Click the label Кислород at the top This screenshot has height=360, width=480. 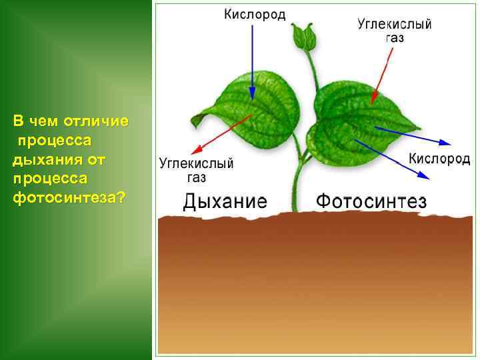pos(254,15)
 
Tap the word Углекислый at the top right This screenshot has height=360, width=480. pos(394,24)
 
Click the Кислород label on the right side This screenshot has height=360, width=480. pos(439,159)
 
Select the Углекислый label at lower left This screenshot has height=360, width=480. pos(196,163)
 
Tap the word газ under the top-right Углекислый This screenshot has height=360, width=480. pos(395,38)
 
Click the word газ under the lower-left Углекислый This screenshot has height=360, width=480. pos(196,177)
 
